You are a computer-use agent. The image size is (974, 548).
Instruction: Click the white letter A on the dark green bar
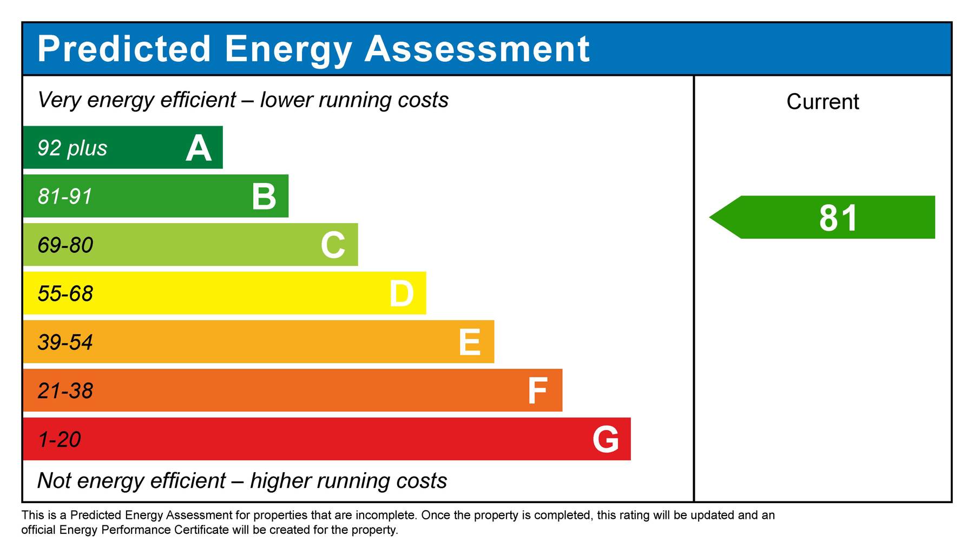click(199, 148)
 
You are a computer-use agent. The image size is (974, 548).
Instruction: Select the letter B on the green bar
click(264, 197)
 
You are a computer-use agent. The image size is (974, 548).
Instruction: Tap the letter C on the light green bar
click(333, 245)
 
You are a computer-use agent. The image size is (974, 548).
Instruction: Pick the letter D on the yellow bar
click(402, 294)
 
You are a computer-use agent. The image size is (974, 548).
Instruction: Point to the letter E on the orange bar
click(469, 342)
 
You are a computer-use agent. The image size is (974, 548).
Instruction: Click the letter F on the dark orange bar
click(537, 391)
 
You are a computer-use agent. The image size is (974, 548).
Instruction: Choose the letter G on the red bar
click(606, 439)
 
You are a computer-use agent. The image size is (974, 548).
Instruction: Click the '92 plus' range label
click(73, 148)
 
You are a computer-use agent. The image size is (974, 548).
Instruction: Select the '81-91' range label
click(65, 197)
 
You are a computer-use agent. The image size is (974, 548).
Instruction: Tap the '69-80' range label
click(65, 245)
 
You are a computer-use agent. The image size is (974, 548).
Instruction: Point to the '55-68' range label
click(65, 294)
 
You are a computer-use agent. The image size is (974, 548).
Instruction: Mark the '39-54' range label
click(65, 342)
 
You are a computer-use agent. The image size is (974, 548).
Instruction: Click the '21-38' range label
click(65, 391)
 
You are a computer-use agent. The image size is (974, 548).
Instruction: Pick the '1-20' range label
click(60, 439)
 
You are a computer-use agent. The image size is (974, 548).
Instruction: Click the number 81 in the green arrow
click(838, 218)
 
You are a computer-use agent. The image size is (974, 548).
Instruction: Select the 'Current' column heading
click(822, 102)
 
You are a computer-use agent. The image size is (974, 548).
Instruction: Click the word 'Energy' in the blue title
click(288, 50)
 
